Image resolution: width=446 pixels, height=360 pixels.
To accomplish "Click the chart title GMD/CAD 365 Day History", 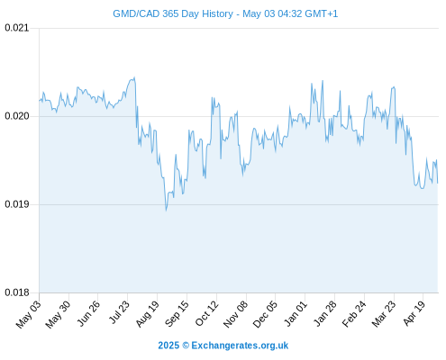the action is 173,13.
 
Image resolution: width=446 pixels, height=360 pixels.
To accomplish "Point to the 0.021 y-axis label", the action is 17,28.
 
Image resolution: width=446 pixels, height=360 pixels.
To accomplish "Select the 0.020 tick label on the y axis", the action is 17,116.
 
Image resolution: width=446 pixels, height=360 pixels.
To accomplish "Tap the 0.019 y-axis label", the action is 17,204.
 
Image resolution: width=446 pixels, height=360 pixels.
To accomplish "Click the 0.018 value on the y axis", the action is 17,292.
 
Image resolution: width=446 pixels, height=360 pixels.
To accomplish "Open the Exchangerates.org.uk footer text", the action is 223,346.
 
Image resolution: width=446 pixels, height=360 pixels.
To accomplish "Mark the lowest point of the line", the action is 166,211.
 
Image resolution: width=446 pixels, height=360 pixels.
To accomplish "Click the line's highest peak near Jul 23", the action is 134,77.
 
